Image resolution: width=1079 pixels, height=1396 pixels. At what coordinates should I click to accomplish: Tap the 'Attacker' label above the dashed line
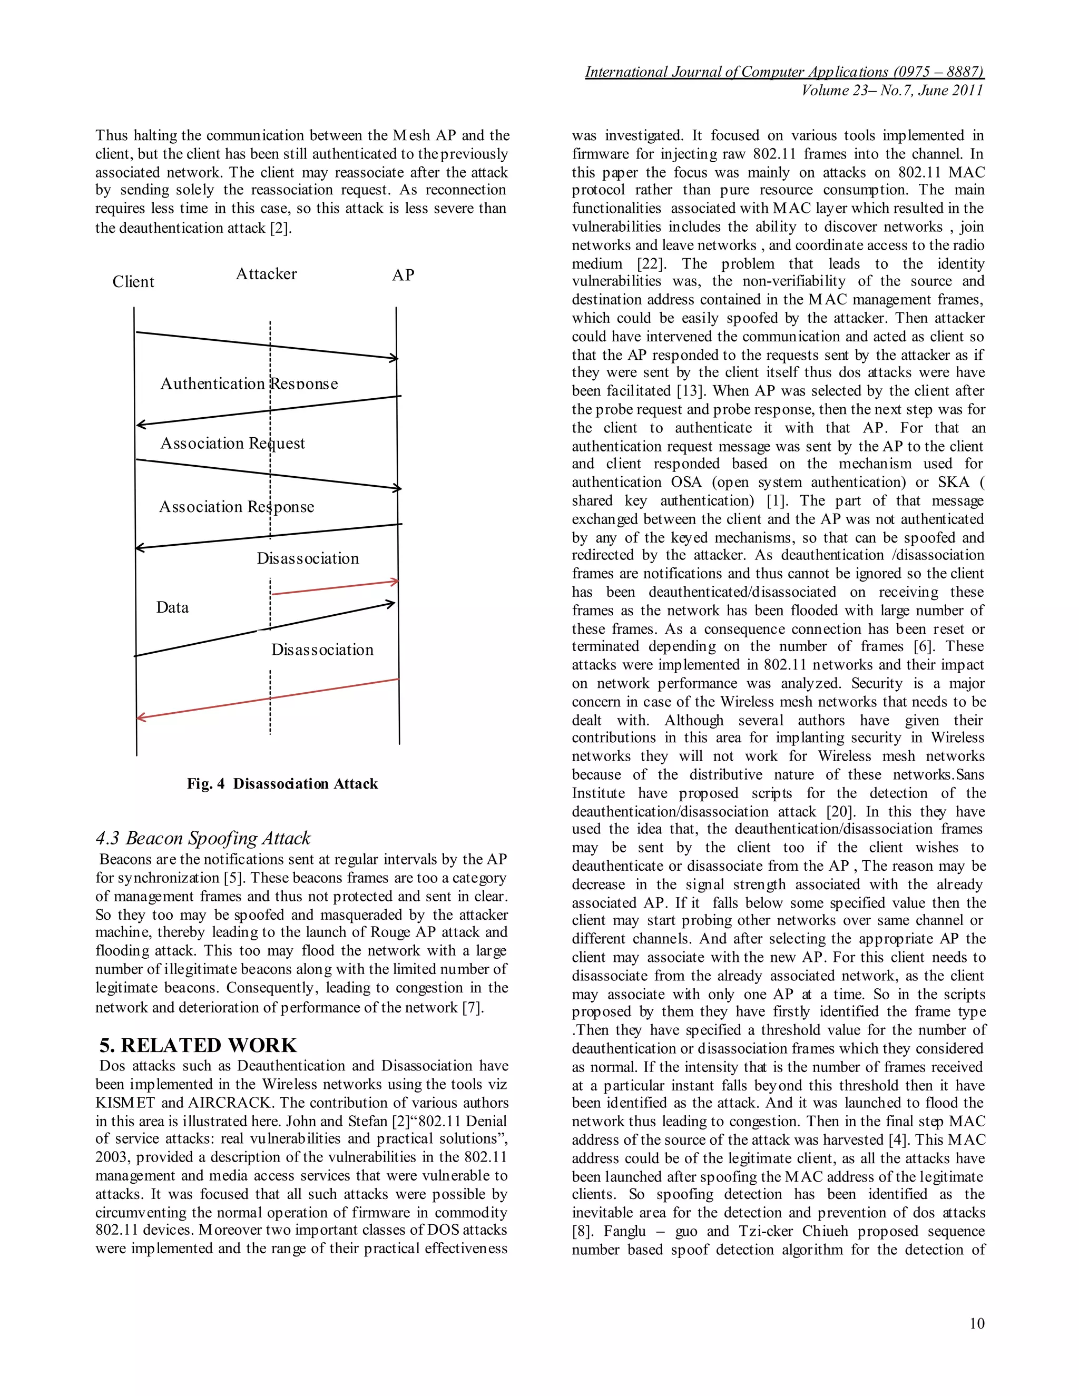tap(266, 274)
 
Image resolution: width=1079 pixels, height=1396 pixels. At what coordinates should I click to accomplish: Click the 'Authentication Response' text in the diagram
tap(249, 384)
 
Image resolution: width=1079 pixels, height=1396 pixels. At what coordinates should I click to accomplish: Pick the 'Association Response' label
tap(236, 507)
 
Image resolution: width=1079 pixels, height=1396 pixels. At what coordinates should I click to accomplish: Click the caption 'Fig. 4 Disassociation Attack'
tap(282, 784)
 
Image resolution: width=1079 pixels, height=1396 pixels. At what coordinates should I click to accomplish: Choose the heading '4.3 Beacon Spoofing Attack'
tap(203, 838)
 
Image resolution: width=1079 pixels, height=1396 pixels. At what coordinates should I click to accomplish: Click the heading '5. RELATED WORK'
tap(198, 1045)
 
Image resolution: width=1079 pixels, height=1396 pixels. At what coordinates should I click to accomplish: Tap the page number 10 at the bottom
tap(977, 1323)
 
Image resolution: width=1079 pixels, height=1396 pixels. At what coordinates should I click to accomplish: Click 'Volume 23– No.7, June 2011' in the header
tap(892, 91)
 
